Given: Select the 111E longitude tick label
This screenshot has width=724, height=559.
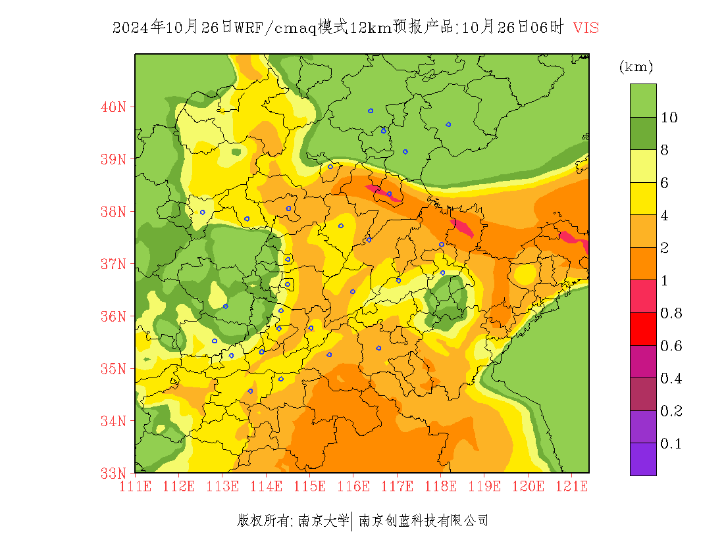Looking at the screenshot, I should point(136,487).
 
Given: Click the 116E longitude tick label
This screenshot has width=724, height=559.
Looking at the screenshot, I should point(353,487).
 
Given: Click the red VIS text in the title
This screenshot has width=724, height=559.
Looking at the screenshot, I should point(586,28).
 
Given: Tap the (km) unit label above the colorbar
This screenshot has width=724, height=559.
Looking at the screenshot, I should point(636,66).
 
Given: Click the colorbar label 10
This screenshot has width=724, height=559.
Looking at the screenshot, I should point(669,118).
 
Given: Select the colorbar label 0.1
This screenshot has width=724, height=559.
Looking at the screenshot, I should point(671,444).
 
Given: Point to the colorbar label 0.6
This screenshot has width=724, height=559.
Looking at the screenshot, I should point(671,346).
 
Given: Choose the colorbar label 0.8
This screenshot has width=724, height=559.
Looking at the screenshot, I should point(671,313).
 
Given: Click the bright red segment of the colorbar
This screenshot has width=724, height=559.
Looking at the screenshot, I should point(643,329).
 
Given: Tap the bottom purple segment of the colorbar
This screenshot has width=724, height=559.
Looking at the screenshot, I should point(643,459).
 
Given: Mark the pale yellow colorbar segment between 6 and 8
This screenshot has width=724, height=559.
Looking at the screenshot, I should point(643,166).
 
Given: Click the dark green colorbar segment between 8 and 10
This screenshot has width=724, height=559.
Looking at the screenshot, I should point(643,134).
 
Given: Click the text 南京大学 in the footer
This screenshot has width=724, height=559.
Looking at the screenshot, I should point(323,521).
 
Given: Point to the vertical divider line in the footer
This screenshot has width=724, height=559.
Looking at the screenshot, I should point(353,521).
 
